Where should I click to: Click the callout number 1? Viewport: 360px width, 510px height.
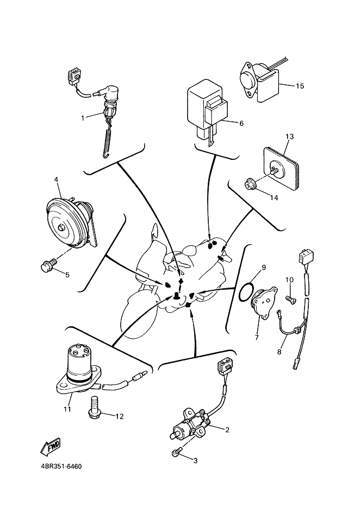(x=83, y=117)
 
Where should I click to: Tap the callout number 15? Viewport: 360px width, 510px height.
(x=300, y=86)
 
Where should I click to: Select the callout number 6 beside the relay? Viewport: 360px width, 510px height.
(x=241, y=123)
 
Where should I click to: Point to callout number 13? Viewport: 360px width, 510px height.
(x=289, y=136)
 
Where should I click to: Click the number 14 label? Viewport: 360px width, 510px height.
(x=274, y=198)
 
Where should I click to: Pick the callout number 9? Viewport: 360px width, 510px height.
(x=263, y=268)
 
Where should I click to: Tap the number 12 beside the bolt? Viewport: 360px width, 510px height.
(x=119, y=416)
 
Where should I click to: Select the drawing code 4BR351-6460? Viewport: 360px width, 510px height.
(x=64, y=467)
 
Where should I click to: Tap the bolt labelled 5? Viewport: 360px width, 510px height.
(x=48, y=265)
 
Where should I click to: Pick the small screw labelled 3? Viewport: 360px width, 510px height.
(x=177, y=452)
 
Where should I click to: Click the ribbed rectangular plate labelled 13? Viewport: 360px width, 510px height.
(x=283, y=169)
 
